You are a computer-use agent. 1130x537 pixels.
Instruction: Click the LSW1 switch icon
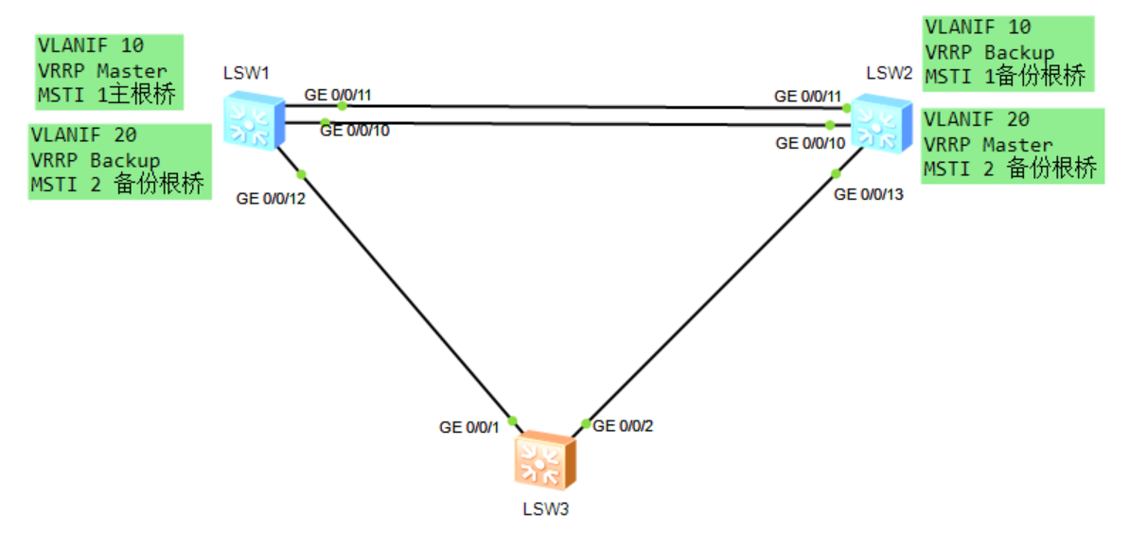tap(251, 120)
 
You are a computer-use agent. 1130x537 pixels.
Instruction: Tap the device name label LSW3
tap(545, 509)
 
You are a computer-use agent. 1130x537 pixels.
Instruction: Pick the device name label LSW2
tap(889, 73)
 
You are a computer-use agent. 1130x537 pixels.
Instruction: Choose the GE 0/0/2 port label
tap(623, 425)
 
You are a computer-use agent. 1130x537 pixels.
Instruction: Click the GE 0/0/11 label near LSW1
tap(339, 95)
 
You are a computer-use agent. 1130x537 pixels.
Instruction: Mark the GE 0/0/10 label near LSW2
tap(810, 143)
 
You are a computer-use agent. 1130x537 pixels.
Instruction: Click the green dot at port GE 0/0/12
tap(301, 173)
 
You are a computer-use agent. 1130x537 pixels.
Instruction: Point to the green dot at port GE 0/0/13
tap(837, 172)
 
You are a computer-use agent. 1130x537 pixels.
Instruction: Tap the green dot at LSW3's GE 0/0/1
tap(513, 420)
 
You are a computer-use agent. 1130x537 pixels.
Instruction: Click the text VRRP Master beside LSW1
tap(102, 70)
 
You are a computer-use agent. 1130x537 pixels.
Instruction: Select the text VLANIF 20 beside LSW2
tap(977, 120)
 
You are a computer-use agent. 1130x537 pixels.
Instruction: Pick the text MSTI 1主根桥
tap(106, 94)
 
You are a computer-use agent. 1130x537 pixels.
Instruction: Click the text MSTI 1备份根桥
tap(1005, 77)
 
